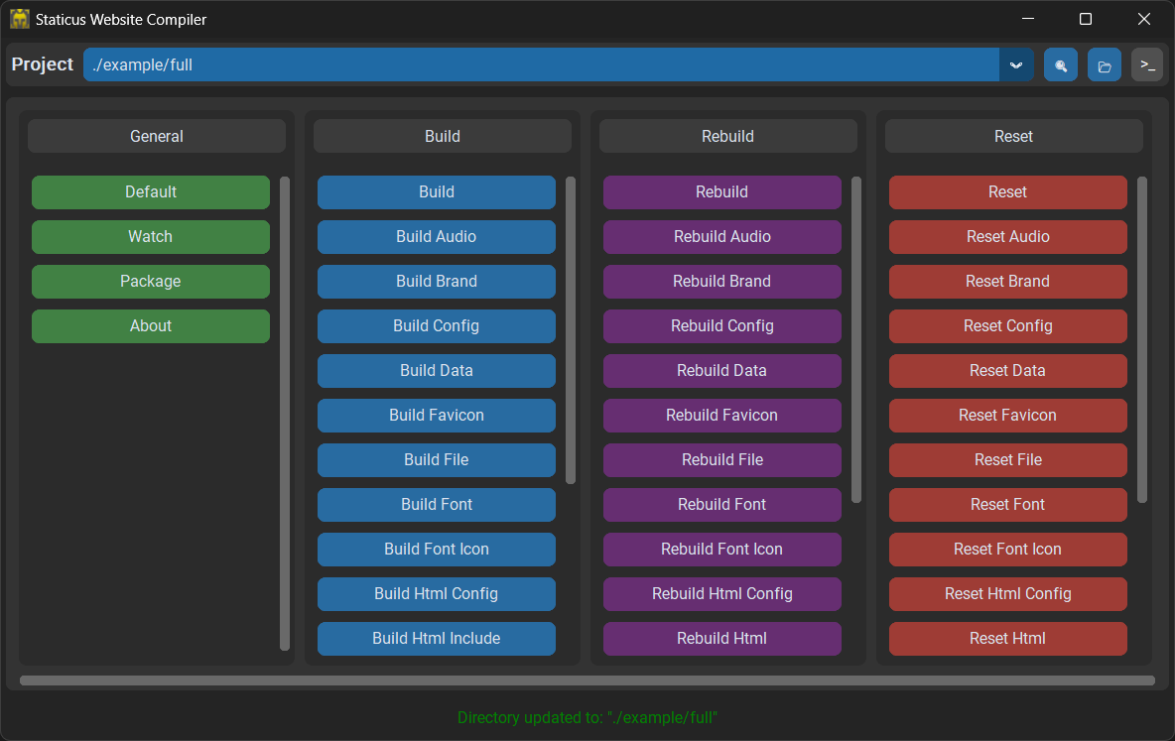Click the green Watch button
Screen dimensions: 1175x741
coord(151,237)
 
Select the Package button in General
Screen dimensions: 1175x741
coord(151,282)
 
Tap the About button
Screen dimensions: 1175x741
coord(151,326)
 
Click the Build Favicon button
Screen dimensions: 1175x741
coord(436,415)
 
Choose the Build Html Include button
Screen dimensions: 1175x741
coord(436,639)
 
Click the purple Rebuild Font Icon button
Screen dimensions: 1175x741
coord(721,550)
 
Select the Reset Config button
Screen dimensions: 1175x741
coord(1008,326)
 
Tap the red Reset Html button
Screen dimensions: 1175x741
coord(1008,639)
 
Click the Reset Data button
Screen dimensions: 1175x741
coord(1008,371)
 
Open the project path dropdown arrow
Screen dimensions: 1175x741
coord(1016,65)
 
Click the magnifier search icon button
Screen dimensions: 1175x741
coord(1061,65)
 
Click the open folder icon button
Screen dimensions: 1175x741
coord(1105,65)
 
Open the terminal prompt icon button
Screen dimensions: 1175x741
coord(1147,65)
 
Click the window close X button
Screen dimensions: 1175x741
coord(1143,19)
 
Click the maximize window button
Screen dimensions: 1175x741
coord(1085,19)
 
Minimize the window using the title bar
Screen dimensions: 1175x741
coord(1028,19)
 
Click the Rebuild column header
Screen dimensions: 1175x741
coord(727,136)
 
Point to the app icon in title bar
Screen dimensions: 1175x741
coord(20,19)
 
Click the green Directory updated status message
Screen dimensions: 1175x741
coord(587,718)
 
